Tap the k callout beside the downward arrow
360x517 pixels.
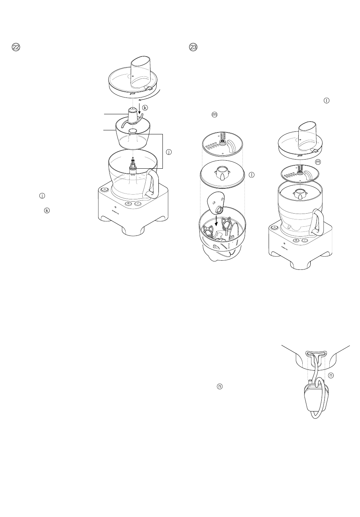pyautogui.click(x=145, y=108)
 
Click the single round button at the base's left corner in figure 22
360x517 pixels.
pyautogui.click(x=104, y=189)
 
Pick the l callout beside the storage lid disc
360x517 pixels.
pyautogui.click(x=252, y=175)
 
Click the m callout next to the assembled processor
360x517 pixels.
pyautogui.click(x=318, y=161)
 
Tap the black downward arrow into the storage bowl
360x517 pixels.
pyautogui.click(x=216, y=220)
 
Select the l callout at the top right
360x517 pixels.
pyautogui.click(x=327, y=100)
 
